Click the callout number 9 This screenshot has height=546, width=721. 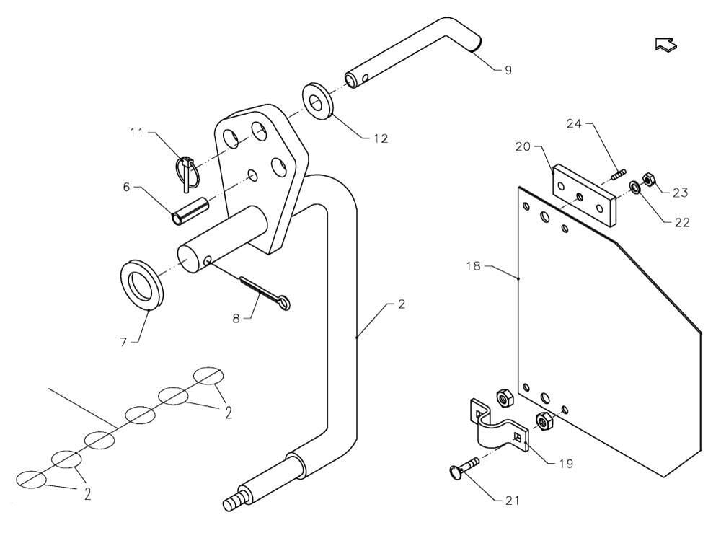tap(508, 71)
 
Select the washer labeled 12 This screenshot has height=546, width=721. tap(317, 101)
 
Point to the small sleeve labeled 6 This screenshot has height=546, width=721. tap(190, 211)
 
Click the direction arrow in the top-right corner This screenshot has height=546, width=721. tap(665, 44)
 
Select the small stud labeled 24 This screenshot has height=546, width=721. tap(618, 175)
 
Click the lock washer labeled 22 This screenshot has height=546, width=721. tap(635, 188)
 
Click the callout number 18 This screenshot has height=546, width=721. tap(473, 266)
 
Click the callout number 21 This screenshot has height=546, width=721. tap(512, 501)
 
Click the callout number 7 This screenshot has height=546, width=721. tap(123, 342)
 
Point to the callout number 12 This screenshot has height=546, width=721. tap(381, 138)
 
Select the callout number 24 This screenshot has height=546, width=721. tap(575, 124)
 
